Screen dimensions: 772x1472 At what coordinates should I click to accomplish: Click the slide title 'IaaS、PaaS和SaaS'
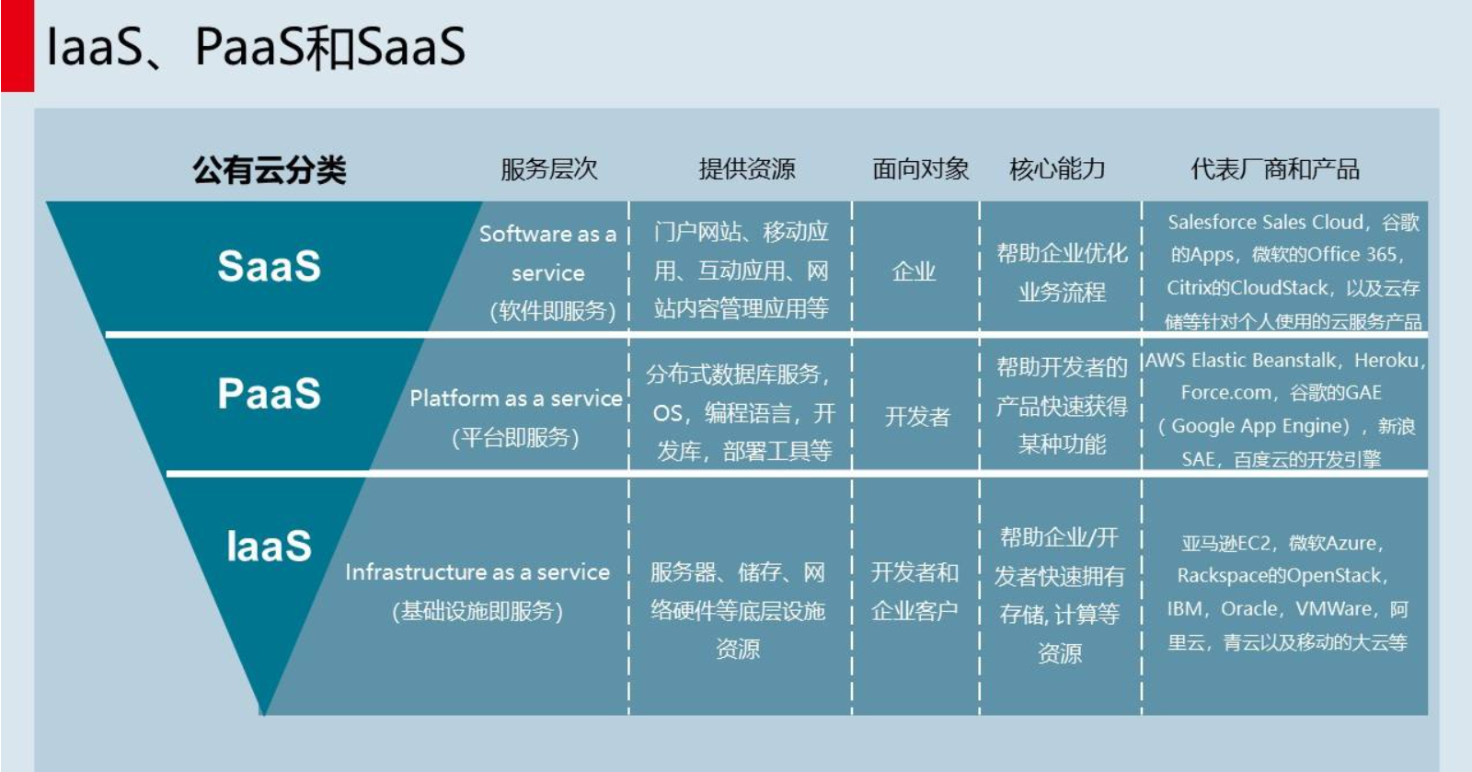(256, 46)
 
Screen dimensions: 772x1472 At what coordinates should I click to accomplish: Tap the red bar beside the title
(17, 46)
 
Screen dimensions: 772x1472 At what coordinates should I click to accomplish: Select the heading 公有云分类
(269, 169)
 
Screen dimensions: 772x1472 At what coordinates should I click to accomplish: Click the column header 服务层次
(548, 169)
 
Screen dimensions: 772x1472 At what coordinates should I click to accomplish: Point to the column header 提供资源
(746, 169)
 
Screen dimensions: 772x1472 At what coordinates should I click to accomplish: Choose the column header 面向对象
(920, 169)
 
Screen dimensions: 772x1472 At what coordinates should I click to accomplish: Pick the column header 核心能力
(1057, 169)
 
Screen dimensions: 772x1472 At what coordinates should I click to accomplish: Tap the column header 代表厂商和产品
(1274, 169)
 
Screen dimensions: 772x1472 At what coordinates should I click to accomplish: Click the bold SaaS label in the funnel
(269, 267)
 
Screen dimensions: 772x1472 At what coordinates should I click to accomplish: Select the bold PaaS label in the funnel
(269, 394)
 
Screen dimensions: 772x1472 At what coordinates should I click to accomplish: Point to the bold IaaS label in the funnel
(269, 547)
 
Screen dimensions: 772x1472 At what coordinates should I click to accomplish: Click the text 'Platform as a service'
(515, 398)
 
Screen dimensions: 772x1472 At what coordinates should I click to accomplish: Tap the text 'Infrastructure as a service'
(477, 572)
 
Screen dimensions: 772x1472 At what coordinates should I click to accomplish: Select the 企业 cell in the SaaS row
(914, 271)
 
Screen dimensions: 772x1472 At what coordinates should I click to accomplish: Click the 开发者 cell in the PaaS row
(916, 417)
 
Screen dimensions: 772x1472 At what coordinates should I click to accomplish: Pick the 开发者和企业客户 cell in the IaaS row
(914, 592)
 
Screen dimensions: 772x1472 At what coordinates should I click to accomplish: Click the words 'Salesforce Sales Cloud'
(1265, 223)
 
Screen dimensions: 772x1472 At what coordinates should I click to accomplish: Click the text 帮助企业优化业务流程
(1062, 272)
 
